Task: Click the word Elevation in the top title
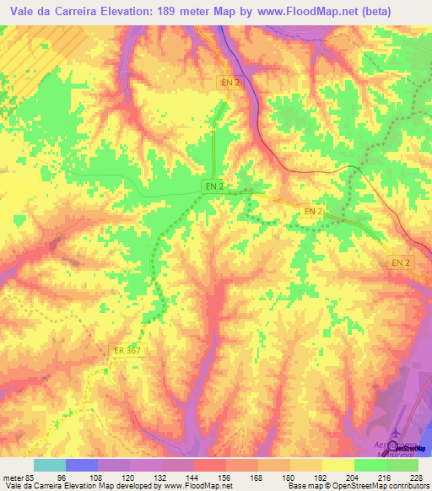[x=152, y=12]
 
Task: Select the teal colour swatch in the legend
[x=50, y=465]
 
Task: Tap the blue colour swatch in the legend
[x=82, y=465]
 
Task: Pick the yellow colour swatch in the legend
[x=338, y=465]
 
